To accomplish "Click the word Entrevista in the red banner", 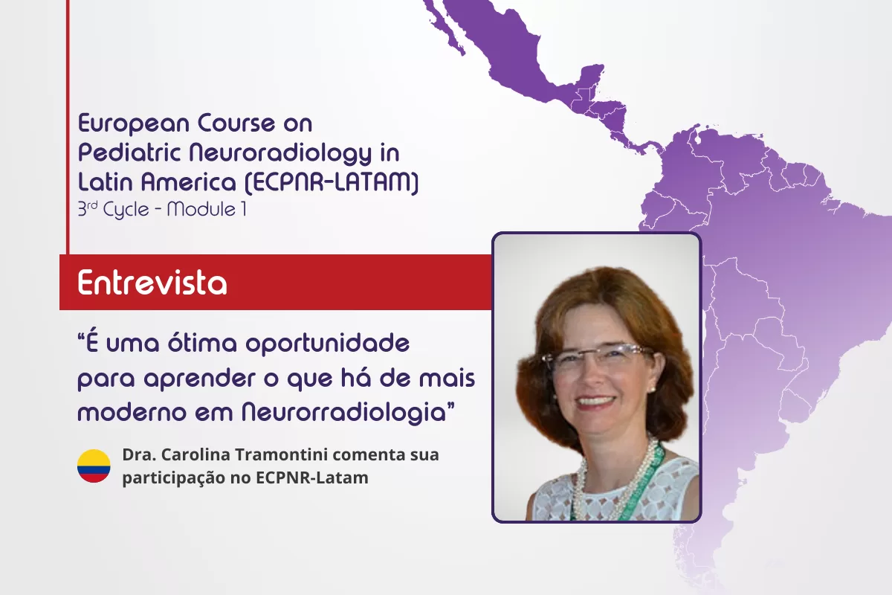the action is tap(152, 283).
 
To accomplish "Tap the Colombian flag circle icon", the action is tap(94, 466).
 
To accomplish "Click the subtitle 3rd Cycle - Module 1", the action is tap(162, 210).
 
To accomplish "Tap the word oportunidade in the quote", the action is tap(327, 344).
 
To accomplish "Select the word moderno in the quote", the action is tap(132, 412).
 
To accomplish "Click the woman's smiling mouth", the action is tap(596, 402).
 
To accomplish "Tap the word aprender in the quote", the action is tap(200, 379).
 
